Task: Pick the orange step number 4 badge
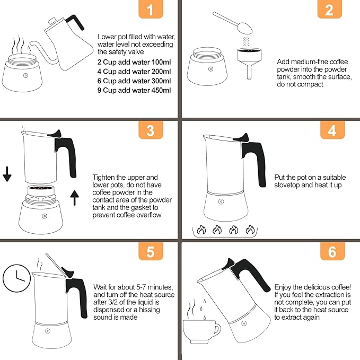(x=332, y=130)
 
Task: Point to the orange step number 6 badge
(x=332, y=251)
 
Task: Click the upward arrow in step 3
(x=75, y=198)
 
